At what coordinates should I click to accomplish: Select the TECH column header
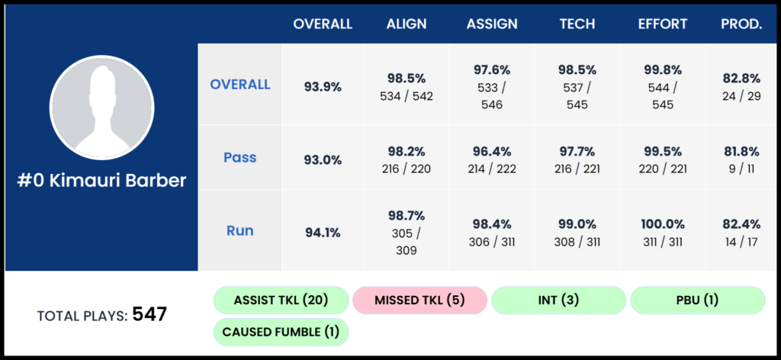click(x=577, y=24)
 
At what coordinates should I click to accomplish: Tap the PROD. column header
click(x=741, y=24)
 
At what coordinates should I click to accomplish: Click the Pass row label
click(x=239, y=158)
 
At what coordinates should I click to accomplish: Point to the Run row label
click(x=239, y=230)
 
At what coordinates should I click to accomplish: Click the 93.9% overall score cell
click(x=323, y=86)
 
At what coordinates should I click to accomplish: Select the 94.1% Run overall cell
click(x=323, y=231)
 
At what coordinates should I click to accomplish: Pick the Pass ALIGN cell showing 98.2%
click(x=406, y=158)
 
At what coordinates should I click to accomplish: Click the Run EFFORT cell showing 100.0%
click(x=663, y=231)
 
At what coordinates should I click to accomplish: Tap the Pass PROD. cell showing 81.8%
click(x=741, y=158)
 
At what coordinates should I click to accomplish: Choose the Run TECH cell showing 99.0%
click(x=577, y=231)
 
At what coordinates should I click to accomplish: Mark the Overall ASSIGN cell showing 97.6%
click(x=492, y=86)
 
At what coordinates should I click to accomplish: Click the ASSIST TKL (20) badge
click(x=280, y=301)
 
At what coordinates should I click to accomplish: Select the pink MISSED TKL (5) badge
click(x=419, y=301)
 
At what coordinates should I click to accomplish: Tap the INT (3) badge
click(x=558, y=301)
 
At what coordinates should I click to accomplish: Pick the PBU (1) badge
click(x=697, y=301)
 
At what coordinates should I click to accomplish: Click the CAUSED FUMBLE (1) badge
click(x=280, y=333)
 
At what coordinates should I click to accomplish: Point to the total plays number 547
click(x=149, y=313)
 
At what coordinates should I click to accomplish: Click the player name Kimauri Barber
click(x=101, y=182)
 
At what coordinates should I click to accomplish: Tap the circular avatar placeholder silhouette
click(x=101, y=107)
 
